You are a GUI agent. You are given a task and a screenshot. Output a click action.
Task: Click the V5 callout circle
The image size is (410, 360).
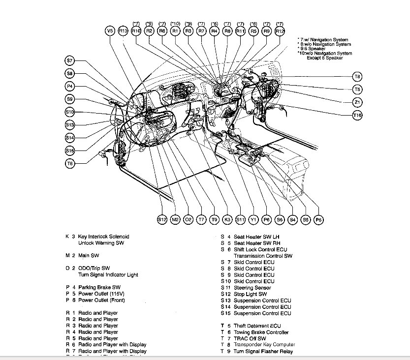click(110, 31)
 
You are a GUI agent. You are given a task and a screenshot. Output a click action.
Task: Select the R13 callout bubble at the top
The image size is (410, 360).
click(123, 31)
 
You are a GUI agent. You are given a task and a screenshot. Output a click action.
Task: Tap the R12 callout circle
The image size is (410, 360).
click(280, 31)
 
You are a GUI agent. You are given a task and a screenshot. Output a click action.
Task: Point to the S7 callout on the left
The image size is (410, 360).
click(70, 61)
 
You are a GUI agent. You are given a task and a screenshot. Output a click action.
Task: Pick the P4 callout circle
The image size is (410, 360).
click(70, 87)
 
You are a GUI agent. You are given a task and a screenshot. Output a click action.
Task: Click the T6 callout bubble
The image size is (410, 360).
click(70, 163)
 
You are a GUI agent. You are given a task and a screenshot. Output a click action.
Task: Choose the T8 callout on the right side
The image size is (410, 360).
click(357, 76)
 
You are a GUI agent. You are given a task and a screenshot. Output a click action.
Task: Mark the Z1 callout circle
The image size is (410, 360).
click(357, 102)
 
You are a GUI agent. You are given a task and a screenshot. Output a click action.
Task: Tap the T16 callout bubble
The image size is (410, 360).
click(357, 115)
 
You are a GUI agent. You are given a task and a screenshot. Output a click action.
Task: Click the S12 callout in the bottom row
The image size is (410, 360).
click(162, 219)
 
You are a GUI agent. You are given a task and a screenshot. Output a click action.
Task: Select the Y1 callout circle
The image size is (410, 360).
click(253, 219)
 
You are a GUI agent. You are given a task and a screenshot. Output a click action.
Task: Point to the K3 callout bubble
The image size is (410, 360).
click(227, 219)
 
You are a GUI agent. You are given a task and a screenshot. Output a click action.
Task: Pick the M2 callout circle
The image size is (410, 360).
click(175, 219)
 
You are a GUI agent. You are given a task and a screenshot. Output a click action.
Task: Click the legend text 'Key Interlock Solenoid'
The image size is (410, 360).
click(104, 237)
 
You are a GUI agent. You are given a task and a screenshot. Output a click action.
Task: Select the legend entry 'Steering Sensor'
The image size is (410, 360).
click(252, 288)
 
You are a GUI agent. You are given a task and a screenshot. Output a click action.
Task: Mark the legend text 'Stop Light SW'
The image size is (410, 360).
click(250, 294)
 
